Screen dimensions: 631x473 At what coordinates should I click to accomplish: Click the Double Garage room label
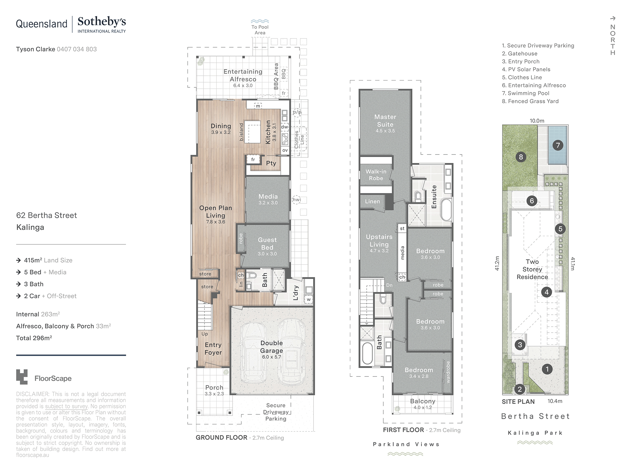(271, 347)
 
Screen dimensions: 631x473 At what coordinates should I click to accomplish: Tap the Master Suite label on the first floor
(385, 121)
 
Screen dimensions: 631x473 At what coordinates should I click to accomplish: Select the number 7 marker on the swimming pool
(558, 145)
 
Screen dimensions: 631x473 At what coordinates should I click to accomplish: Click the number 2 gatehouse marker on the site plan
(520, 389)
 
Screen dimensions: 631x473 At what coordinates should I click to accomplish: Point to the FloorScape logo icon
(22, 377)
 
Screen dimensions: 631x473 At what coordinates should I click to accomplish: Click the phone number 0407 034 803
(77, 49)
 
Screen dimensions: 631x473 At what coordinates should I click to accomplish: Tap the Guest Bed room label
(267, 244)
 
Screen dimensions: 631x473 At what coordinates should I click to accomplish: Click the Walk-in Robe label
(376, 175)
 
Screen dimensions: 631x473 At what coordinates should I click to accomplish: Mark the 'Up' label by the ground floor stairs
(205, 334)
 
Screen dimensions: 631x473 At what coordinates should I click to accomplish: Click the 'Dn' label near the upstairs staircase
(389, 285)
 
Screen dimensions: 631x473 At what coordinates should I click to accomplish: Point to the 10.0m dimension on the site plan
(537, 121)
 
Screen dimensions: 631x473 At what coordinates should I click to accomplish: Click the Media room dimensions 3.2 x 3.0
(268, 203)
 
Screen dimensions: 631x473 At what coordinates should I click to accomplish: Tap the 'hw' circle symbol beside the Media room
(296, 200)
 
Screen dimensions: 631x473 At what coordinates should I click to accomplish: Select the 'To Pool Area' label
(260, 30)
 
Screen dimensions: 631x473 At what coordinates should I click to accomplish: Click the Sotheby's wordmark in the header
(102, 22)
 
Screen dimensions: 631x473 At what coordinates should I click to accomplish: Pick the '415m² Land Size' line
(48, 260)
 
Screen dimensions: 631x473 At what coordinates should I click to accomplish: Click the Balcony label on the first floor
(423, 401)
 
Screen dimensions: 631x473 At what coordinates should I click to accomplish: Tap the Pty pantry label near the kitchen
(271, 163)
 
